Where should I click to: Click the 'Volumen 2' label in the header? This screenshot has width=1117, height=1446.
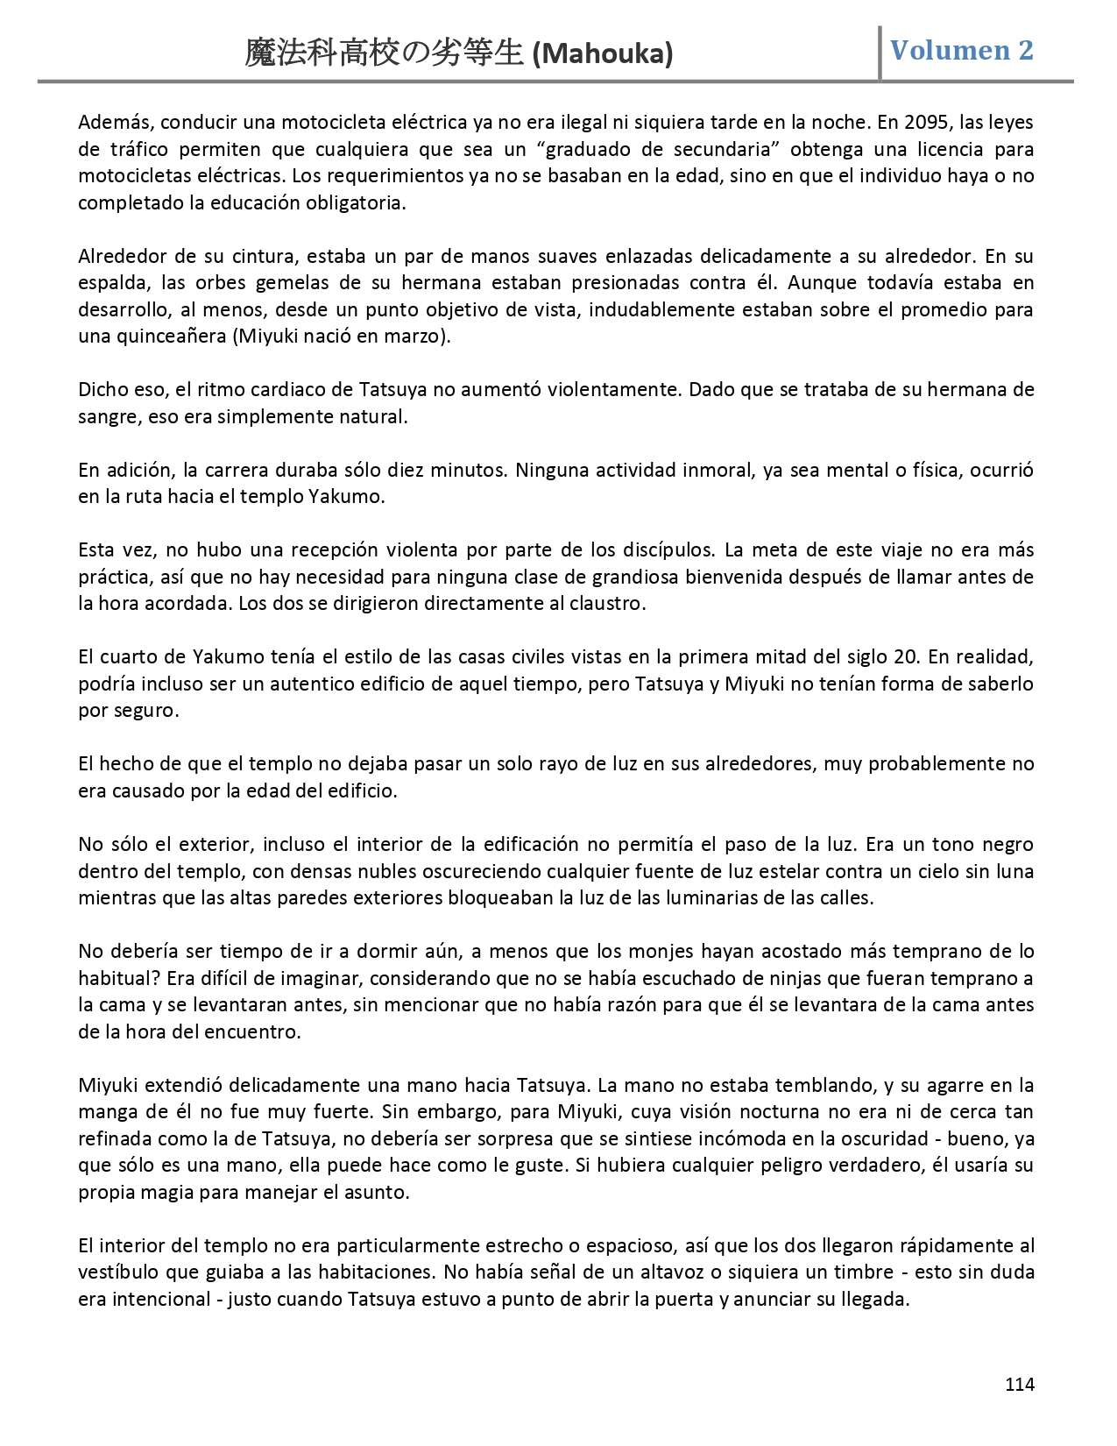coord(961,50)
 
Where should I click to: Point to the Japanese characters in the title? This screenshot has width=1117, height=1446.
coord(385,54)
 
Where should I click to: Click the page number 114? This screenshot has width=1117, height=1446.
coord(1019,1385)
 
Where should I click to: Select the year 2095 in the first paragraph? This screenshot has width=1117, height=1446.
coord(922,122)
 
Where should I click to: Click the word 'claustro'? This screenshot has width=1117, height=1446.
coord(608,604)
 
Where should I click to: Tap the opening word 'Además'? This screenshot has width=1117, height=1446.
coord(109,122)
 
